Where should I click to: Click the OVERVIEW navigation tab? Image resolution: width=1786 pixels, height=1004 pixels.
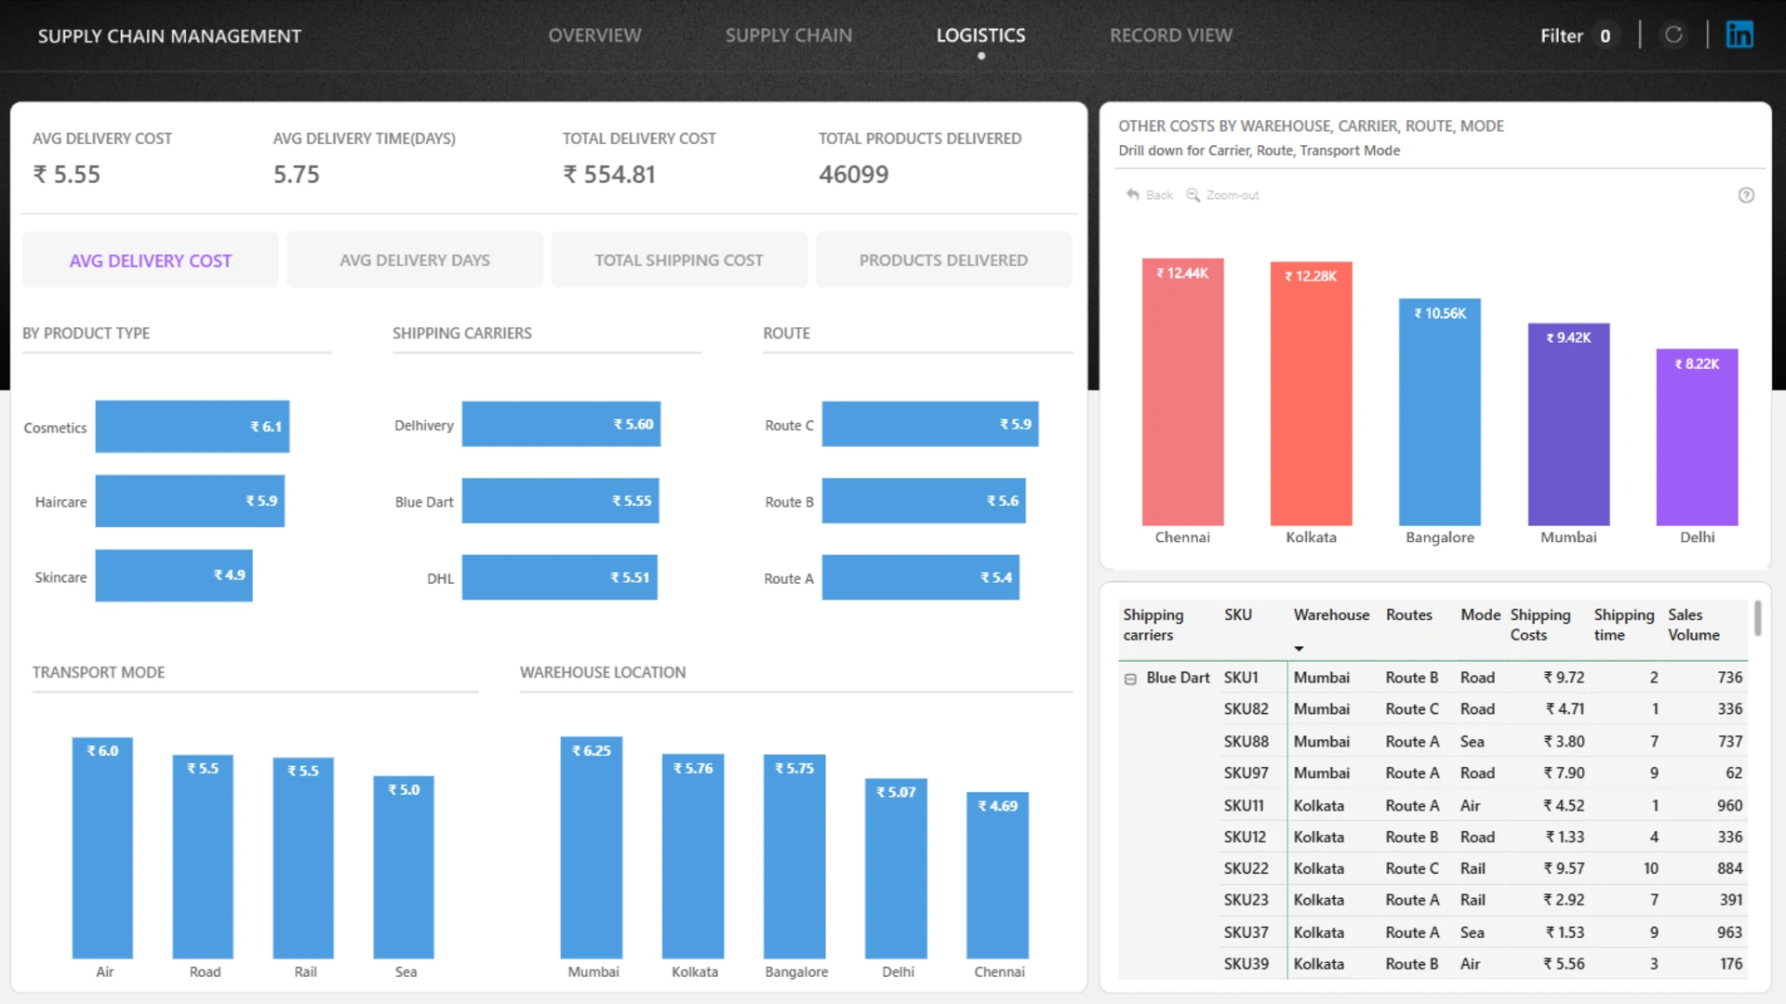click(x=594, y=35)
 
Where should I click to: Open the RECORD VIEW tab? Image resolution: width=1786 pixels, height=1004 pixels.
click(x=1170, y=35)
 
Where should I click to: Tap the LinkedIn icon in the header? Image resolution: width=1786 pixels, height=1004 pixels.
click(x=1739, y=34)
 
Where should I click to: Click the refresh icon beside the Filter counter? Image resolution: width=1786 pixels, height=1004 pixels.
click(x=1673, y=34)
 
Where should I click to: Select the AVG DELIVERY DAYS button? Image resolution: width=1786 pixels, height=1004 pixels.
click(x=415, y=260)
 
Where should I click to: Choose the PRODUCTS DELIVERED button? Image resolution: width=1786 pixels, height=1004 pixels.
click(x=943, y=260)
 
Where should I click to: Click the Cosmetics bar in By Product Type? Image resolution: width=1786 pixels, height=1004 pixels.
click(x=193, y=427)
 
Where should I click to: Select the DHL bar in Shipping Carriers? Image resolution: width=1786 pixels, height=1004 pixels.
click(x=560, y=577)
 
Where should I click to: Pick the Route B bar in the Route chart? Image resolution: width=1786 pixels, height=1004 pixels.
click(x=924, y=501)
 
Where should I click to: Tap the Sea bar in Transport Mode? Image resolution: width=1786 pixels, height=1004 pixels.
click(x=404, y=867)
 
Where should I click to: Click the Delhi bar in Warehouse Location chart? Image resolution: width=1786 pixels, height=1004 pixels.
click(x=896, y=869)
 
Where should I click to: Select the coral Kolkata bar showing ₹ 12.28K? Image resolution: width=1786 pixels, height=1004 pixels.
click(x=1311, y=394)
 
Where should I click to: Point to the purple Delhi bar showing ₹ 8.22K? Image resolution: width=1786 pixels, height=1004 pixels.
click(x=1697, y=438)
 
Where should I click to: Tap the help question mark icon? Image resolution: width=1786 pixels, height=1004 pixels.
click(x=1746, y=195)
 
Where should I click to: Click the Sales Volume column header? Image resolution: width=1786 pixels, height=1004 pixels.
click(x=1693, y=625)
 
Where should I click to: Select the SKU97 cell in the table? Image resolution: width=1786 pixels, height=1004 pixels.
click(x=1246, y=773)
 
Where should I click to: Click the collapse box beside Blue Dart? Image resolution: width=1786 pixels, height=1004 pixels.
click(x=1130, y=679)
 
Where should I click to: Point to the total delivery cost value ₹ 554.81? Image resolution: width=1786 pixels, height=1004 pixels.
click(x=609, y=175)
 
